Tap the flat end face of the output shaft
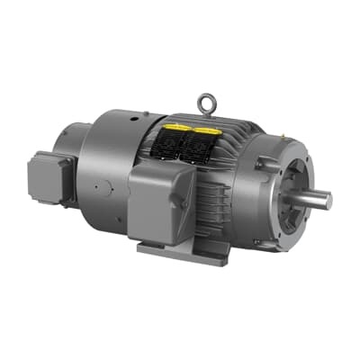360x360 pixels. click(x=328, y=201)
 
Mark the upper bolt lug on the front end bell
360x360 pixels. click(x=264, y=164)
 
